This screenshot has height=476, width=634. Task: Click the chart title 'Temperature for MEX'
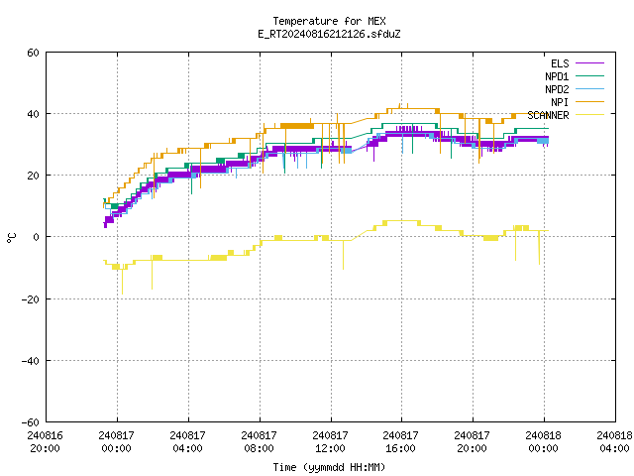(329, 21)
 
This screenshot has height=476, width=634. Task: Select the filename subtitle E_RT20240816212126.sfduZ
(329, 34)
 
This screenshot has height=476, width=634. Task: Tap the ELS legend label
(560, 63)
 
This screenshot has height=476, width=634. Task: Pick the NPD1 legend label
(557, 76)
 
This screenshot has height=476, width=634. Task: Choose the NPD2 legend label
(557, 89)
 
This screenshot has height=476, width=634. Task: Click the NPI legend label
(560, 102)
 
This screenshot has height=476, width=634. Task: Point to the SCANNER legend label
(548, 115)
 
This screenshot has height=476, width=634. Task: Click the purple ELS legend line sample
(589, 63)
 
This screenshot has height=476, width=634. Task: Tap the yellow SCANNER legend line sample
(589, 115)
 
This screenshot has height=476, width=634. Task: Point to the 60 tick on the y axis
(33, 53)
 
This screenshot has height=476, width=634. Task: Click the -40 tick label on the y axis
(31, 361)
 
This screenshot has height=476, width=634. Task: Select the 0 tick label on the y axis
(37, 237)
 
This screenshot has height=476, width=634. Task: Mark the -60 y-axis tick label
(31, 422)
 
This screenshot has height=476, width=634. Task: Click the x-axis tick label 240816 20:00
(45, 442)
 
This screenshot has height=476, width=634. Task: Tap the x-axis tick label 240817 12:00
(330, 442)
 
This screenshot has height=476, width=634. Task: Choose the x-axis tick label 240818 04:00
(614, 442)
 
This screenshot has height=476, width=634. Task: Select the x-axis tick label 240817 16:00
(400, 442)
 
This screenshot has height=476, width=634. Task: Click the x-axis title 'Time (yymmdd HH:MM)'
(329, 467)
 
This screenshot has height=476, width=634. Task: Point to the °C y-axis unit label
(12, 238)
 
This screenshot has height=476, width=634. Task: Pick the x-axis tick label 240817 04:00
(187, 442)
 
